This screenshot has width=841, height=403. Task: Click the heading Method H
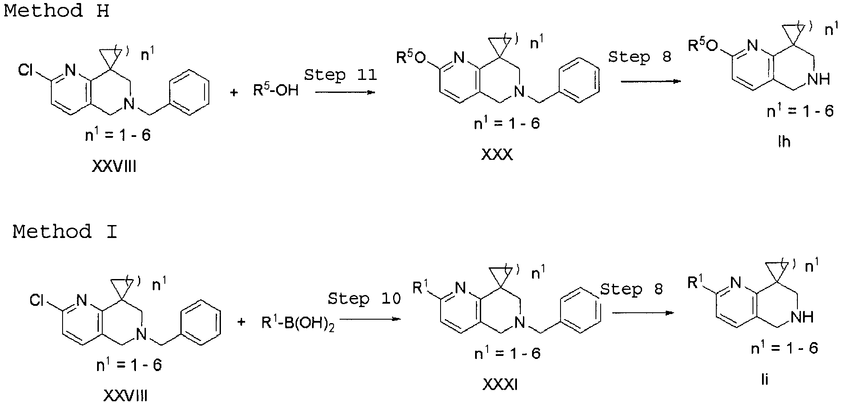(56, 10)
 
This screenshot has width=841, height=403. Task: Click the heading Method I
(65, 232)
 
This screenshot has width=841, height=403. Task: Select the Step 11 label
(340, 75)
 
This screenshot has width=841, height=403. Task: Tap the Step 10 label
(364, 299)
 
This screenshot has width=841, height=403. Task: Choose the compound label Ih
(784, 142)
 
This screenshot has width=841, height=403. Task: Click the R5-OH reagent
(276, 90)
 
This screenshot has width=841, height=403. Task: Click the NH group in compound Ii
(803, 317)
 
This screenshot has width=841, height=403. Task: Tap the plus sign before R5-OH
(234, 92)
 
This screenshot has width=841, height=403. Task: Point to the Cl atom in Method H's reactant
(26, 70)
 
